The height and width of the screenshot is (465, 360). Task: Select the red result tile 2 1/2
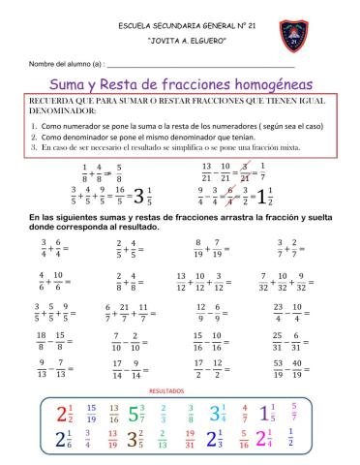click(66, 413)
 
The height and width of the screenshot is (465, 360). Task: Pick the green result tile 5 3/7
click(136, 413)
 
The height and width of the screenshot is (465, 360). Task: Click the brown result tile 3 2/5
click(136, 441)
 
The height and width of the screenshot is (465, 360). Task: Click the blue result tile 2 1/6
click(66, 441)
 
